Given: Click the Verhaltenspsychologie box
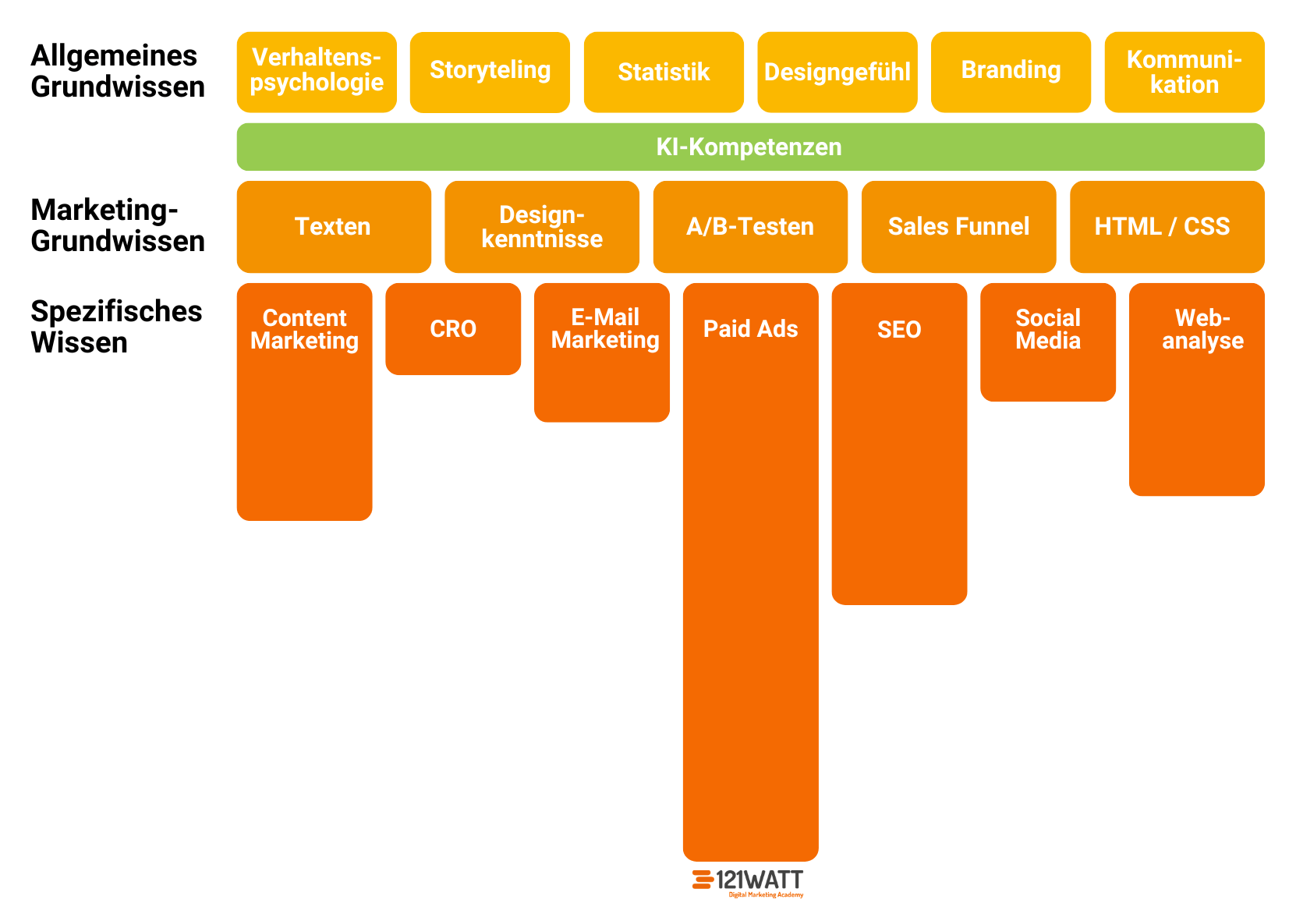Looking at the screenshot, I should pyautogui.click(x=317, y=72).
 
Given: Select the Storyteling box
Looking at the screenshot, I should pyautogui.click(x=490, y=72).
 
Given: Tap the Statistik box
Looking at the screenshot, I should pyautogui.click(x=664, y=72).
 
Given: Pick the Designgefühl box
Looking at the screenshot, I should pyautogui.click(x=837, y=72).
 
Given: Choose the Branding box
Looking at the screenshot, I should pyautogui.click(x=1011, y=72).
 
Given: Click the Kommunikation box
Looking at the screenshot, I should pyautogui.click(x=1184, y=72).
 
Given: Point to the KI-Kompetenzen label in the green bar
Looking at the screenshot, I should pyautogui.click(x=749, y=147).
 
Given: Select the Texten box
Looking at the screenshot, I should pyautogui.click(x=334, y=226).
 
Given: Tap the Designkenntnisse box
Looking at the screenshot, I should pyautogui.click(x=542, y=226).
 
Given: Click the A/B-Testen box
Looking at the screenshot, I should pyautogui.click(x=750, y=226).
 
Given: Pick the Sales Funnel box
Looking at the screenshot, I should pyautogui.click(x=958, y=226).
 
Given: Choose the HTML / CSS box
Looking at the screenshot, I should pyautogui.click(x=1167, y=226).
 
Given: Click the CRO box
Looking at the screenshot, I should pyautogui.click(x=453, y=328).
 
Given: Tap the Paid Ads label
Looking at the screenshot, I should pyautogui.click(x=750, y=328).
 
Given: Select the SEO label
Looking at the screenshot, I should pyautogui.click(x=899, y=329).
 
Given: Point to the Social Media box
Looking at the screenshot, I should pyautogui.click(x=1047, y=342).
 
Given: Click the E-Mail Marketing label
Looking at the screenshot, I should pyautogui.click(x=605, y=328).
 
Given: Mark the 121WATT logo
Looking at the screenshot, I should pyautogui.click(x=748, y=882).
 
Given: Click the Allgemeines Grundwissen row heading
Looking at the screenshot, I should pyautogui.click(x=118, y=71).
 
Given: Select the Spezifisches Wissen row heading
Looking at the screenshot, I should pyautogui.click(x=116, y=327).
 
